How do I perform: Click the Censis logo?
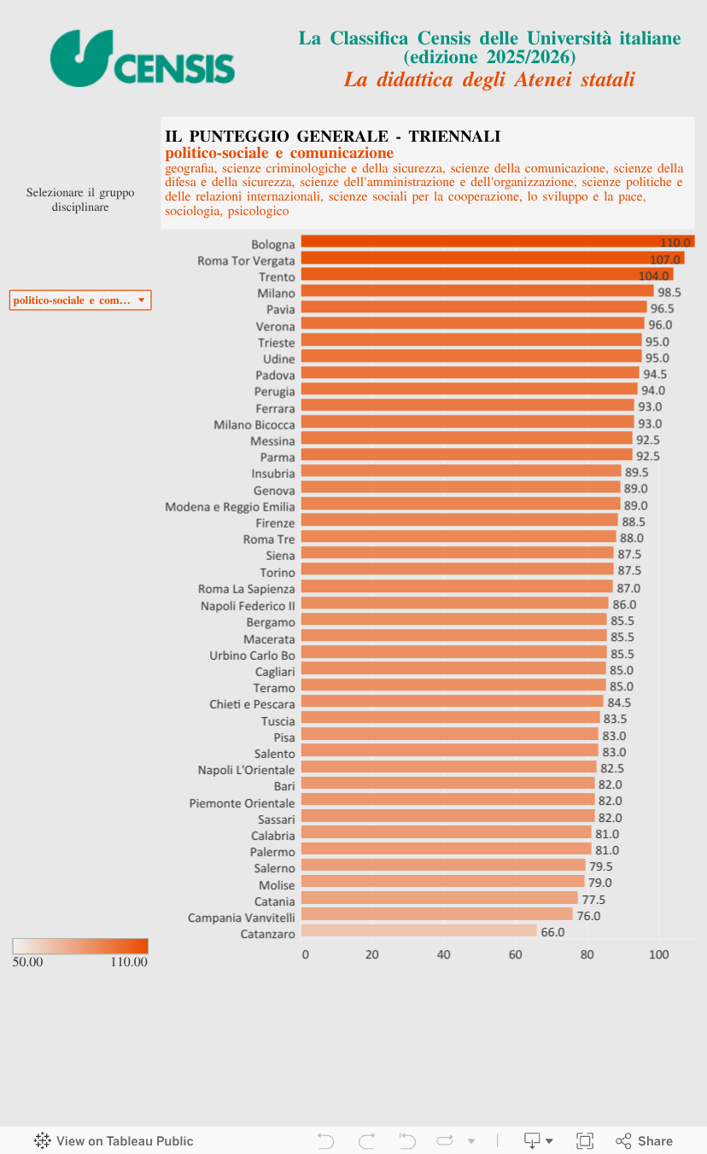coord(142,58)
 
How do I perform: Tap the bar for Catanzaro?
coord(418,931)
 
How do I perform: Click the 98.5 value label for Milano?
coord(669,292)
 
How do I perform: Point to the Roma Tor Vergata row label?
coord(246,260)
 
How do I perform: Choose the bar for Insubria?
coord(461,472)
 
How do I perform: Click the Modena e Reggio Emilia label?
coord(230,506)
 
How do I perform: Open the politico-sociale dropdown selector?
coord(80,300)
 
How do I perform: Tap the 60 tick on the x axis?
coord(516,954)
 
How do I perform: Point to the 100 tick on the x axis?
coord(658,954)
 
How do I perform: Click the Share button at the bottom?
coord(645,1141)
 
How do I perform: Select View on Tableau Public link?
coord(114,1141)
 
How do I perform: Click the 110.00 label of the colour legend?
coord(129,962)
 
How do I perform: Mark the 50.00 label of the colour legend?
coord(28,962)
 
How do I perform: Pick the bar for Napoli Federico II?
coord(454,603)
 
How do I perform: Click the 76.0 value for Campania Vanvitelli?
coord(588,916)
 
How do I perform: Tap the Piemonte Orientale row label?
coord(242,803)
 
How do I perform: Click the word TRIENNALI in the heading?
coord(454,137)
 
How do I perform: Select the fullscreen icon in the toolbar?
coord(585,1141)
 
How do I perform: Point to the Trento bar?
coord(487,276)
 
